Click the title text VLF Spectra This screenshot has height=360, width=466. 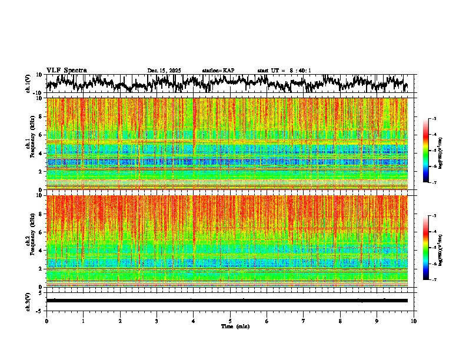66,70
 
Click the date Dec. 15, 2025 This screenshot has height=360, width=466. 165,71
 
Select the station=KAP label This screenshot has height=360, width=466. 218,71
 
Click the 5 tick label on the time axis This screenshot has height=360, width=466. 230,321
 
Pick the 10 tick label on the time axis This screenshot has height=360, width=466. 414,321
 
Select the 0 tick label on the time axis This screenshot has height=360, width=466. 46,321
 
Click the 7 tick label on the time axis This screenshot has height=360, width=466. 304,321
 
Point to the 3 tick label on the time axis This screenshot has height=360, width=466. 157,321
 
